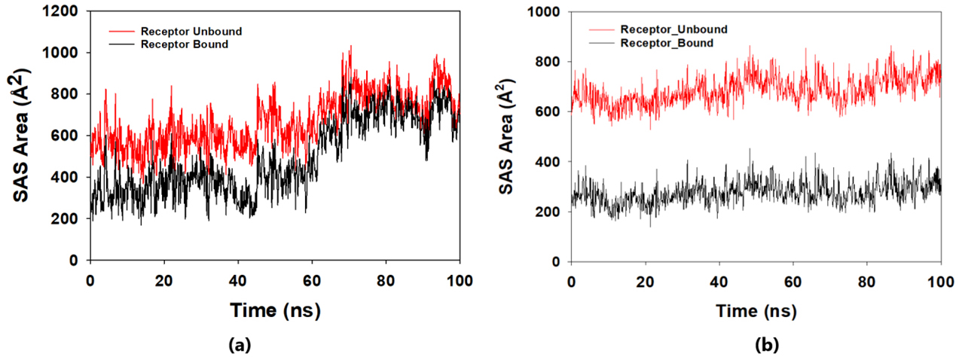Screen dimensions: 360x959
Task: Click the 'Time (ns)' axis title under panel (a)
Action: click(x=274, y=309)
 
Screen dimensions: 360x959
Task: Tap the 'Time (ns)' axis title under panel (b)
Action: click(x=756, y=310)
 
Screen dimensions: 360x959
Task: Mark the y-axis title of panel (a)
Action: click(x=23, y=136)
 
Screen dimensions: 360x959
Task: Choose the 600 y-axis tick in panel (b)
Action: click(x=551, y=111)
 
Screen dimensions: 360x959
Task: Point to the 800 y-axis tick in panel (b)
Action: click(x=551, y=62)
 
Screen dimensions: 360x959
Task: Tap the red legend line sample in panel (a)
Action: click(x=124, y=32)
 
